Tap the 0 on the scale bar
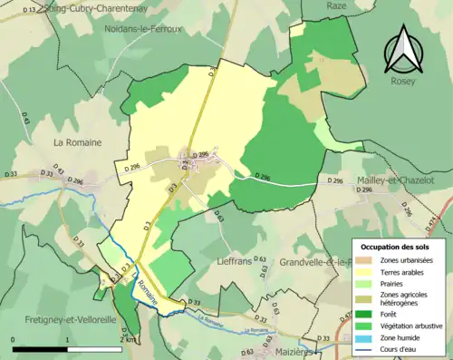click(x=14, y=340)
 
